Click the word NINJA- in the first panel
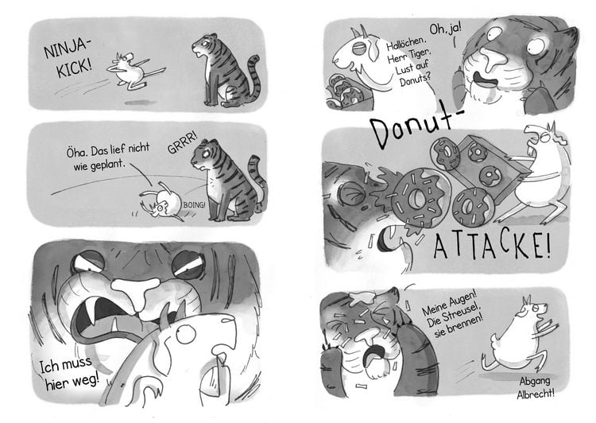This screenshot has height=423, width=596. pyautogui.click(x=66, y=48)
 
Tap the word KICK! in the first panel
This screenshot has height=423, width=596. pyautogui.click(x=74, y=68)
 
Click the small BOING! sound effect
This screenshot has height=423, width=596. pyautogui.click(x=194, y=205)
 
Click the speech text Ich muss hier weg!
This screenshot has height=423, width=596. pyautogui.click(x=68, y=373)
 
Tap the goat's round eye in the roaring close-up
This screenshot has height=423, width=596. pyautogui.click(x=186, y=335)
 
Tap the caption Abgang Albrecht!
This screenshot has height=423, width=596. pyautogui.click(x=536, y=387)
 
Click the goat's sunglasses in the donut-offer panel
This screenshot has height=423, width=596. pyautogui.click(x=360, y=49)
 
